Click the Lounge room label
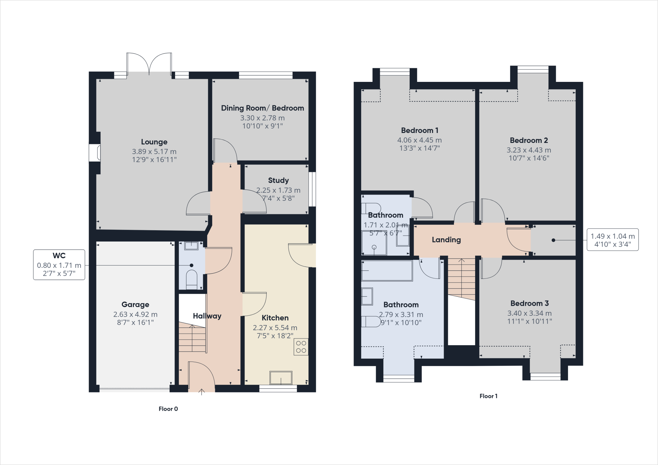click(154, 142)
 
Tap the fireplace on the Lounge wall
click(95, 153)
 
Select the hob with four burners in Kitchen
click(301, 347)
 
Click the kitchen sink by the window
click(281, 378)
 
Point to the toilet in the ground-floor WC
click(192, 280)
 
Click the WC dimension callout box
click(59, 265)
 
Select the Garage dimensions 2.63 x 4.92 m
click(135, 314)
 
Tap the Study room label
click(278, 180)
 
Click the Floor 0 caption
click(168, 409)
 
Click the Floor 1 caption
click(488, 396)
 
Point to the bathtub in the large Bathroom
click(387, 271)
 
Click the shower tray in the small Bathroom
click(374, 243)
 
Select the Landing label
click(446, 240)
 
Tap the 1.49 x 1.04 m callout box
click(612, 240)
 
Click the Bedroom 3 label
click(529, 303)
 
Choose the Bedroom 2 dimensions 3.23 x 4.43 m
click(529, 150)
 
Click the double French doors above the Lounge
click(149, 64)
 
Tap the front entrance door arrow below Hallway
click(201, 392)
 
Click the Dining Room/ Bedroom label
click(262, 108)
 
